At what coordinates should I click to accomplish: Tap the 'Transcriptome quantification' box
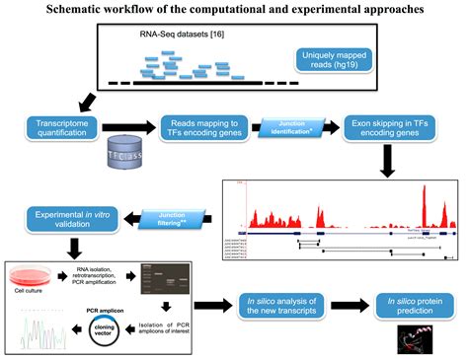click(x=62, y=127)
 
